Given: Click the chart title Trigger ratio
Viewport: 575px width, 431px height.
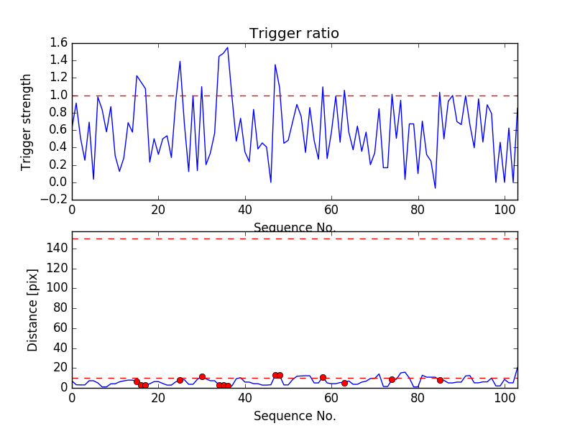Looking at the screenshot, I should (x=294, y=34).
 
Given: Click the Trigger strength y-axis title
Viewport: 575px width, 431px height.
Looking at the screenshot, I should (x=27, y=121).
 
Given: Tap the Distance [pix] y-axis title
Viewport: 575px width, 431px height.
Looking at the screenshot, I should (x=32, y=310).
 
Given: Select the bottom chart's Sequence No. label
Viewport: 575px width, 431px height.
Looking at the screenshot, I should (x=294, y=416).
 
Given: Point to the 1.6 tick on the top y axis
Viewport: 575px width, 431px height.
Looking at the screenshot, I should (x=59, y=43).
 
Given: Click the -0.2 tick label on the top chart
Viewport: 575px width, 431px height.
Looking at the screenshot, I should (x=56, y=200).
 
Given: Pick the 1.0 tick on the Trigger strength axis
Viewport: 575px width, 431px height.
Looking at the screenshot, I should (x=59, y=96).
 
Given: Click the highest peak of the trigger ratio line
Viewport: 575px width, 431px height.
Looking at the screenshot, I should (x=228, y=48).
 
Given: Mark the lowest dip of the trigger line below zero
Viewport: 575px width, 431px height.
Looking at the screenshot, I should (x=436, y=188).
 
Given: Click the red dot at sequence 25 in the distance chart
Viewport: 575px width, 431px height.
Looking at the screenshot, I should (x=180, y=380).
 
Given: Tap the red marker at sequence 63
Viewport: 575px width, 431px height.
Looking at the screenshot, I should (x=344, y=383).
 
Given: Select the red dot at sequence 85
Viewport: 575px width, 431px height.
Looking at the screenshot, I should (x=440, y=380).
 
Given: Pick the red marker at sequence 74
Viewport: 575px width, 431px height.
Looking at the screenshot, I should (x=392, y=379).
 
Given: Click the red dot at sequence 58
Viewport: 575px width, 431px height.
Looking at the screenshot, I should (x=323, y=377).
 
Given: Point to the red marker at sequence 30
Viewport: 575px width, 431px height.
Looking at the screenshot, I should (x=202, y=376).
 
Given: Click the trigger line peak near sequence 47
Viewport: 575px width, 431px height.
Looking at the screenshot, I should (x=275, y=65).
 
